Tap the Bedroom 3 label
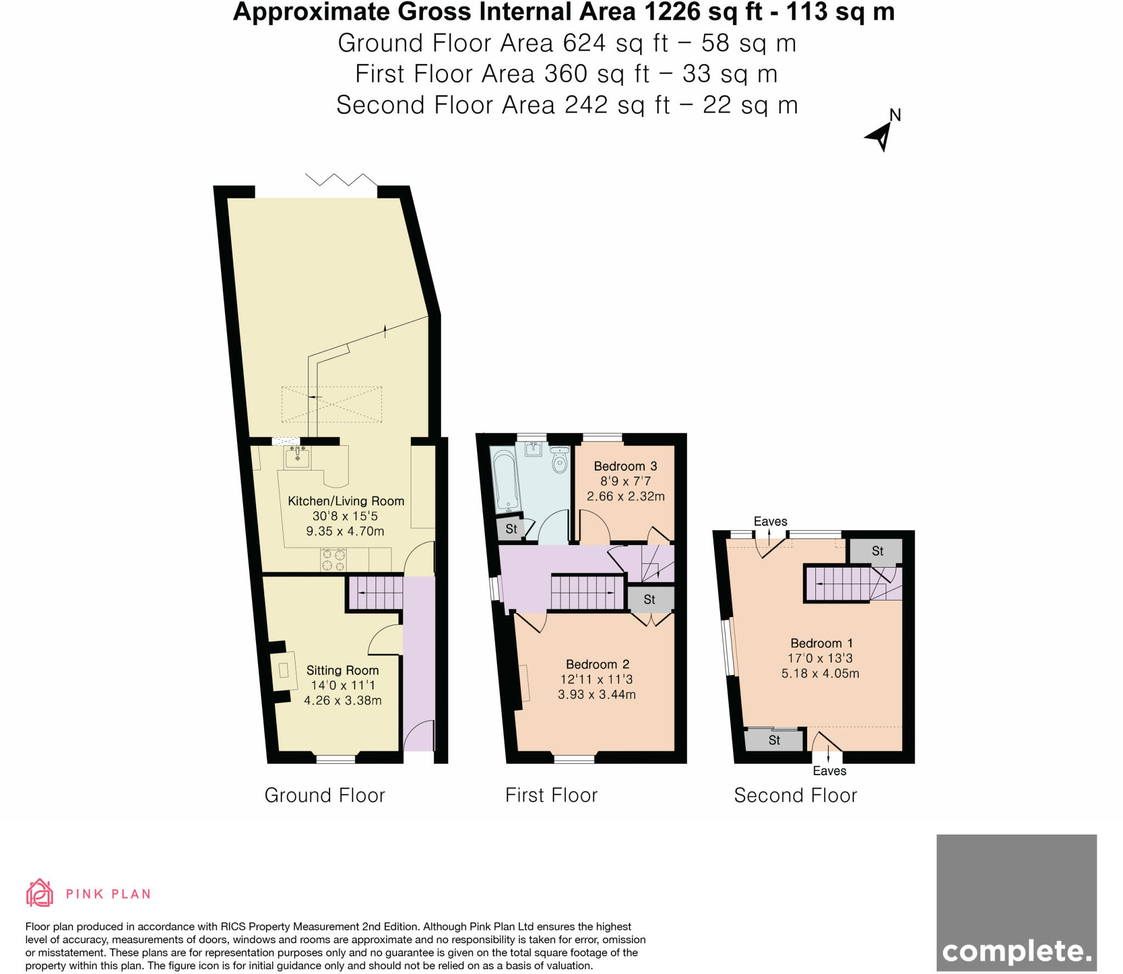(625, 466)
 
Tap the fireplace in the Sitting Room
(283, 670)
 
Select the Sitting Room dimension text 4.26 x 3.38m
(343, 700)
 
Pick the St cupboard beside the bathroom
(511, 529)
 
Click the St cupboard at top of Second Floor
(877, 551)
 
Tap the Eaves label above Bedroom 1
(770, 522)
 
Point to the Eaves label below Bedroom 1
(829, 771)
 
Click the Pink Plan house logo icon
(39, 893)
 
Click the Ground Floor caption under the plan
(325, 795)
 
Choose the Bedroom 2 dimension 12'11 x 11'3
(597, 679)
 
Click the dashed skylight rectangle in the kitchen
(332, 404)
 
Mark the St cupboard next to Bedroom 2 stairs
(649, 599)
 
